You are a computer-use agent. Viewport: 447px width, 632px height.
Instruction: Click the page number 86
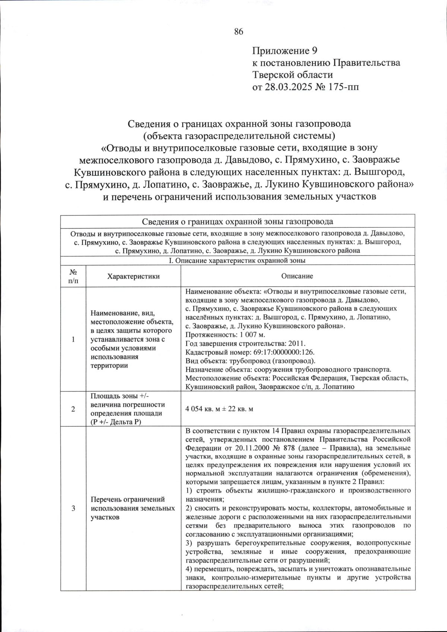[238, 32]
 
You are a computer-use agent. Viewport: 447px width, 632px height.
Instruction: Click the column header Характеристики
[133, 276]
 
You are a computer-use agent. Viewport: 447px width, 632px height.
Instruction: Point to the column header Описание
[297, 276]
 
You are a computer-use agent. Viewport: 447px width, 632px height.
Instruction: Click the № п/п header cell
[73, 276]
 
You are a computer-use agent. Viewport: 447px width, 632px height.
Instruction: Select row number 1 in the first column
[73, 339]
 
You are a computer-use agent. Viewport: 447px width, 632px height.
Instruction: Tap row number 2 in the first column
[73, 409]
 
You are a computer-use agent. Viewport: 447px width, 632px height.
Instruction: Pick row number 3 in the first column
[73, 508]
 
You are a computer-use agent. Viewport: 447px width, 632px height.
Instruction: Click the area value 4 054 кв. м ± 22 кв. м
[219, 409]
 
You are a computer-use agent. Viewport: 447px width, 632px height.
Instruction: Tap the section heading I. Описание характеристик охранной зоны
[237, 261]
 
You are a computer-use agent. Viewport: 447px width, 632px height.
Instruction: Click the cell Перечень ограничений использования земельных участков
[133, 508]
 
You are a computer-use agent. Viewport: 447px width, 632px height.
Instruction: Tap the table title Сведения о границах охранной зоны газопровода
[237, 222]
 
